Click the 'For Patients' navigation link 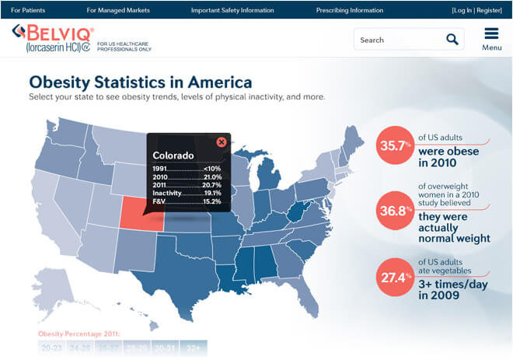pos(27,10)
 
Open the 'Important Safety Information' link pos(232,10)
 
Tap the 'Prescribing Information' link pos(350,10)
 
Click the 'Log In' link pos(463,10)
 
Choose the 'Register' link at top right pos(489,10)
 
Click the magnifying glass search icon pos(452,39)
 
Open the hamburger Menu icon pos(491,38)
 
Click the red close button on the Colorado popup pos(222,142)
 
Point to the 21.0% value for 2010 pos(211,177)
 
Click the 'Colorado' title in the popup pos(173,154)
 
